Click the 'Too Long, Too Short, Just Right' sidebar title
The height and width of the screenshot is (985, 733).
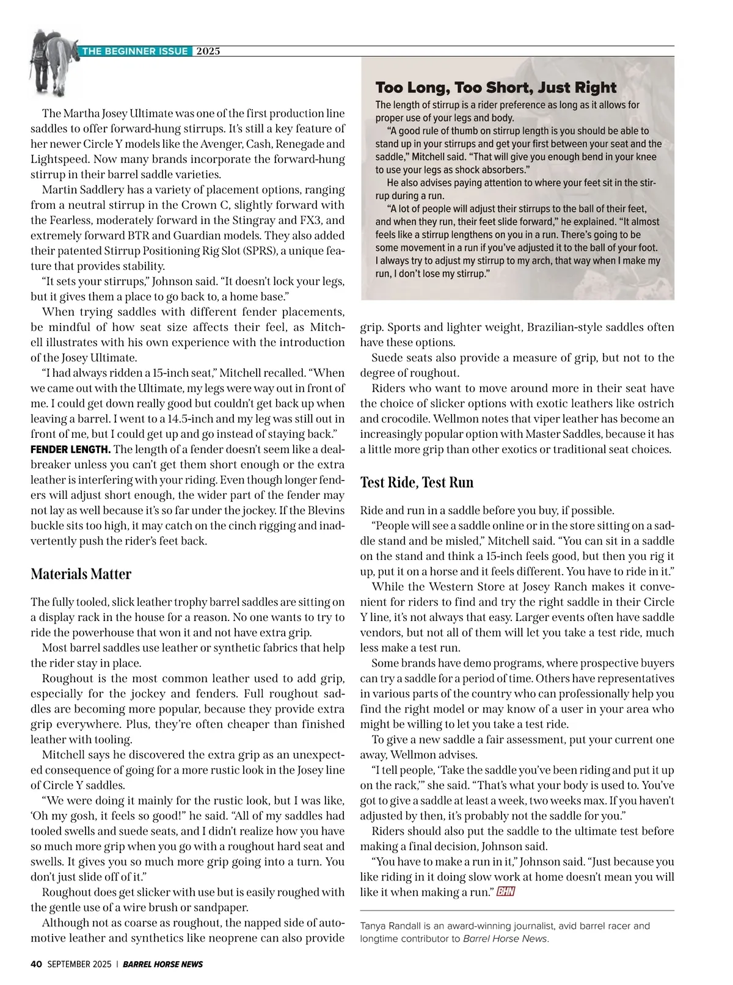[x=496, y=87]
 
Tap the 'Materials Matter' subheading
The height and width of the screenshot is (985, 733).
[x=81, y=574]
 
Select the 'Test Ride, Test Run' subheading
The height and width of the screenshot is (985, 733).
[x=417, y=482]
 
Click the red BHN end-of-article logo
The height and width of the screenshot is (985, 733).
[x=506, y=892]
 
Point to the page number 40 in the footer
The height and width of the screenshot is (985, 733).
[x=35, y=964]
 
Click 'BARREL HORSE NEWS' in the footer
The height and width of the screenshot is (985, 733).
[x=162, y=964]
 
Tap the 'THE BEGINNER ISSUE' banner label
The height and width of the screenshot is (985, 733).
[x=135, y=51]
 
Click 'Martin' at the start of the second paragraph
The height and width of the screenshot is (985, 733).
[x=59, y=190]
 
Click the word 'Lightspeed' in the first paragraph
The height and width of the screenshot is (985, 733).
[x=60, y=159]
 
